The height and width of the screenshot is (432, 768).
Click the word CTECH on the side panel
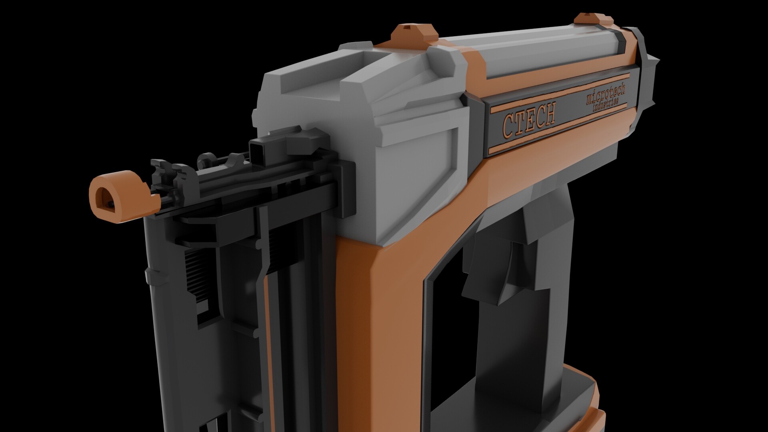(x=529, y=118)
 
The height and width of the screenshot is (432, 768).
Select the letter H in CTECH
(x=549, y=112)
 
